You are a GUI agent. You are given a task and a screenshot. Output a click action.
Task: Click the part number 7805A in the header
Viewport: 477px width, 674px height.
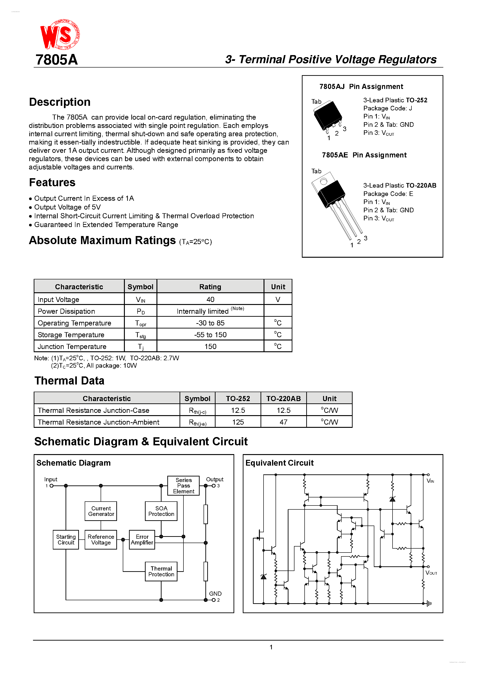tap(57, 60)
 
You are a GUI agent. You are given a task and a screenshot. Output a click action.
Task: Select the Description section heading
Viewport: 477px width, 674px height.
tap(60, 102)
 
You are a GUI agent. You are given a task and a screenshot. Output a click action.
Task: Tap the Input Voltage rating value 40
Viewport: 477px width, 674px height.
tap(210, 299)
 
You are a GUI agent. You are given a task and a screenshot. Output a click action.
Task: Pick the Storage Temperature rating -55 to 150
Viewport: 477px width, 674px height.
tap(210, 335)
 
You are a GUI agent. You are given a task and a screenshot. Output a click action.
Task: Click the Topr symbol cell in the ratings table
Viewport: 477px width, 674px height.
tap(141, 323)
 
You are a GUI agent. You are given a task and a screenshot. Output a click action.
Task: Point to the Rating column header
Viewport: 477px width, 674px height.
tap(210, 287)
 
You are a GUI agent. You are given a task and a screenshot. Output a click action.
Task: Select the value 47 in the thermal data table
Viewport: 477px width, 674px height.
tap(283, 422)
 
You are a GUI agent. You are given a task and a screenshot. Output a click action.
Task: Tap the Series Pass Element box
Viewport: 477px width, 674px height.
tap(183, 485)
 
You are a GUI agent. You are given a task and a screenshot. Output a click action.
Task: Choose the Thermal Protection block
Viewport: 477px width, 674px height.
tap(161, 571)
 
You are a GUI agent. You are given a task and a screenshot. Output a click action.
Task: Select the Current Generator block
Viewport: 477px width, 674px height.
tap(101, 511)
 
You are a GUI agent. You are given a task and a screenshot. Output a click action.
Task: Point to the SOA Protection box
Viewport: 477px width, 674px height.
tap(161, 511)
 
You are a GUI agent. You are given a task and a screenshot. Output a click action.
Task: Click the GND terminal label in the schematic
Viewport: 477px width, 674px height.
tap(215, 594)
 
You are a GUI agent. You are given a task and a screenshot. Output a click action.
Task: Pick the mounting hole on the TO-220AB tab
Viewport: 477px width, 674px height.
tap(324, 181)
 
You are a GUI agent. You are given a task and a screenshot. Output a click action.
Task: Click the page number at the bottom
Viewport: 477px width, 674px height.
tap(271, 647)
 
